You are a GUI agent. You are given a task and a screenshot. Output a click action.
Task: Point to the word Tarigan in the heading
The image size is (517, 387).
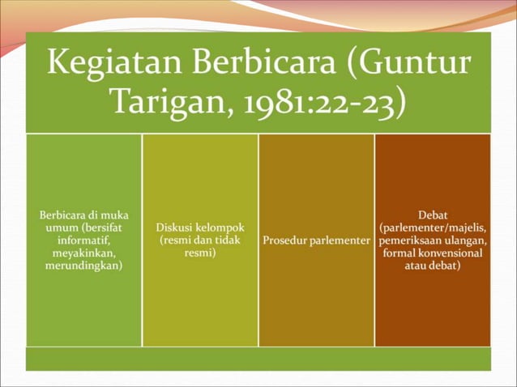(164, 102)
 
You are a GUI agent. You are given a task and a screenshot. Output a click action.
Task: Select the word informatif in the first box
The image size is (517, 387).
(84, 240)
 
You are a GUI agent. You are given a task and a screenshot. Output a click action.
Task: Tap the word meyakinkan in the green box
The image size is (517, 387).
(83, 253)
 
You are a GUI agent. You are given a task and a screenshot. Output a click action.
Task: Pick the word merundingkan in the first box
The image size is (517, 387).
(84, 265)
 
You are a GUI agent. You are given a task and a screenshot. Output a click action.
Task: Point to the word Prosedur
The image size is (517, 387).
(284, 240)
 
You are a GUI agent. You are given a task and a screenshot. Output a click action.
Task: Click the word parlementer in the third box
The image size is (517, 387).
(339, 240)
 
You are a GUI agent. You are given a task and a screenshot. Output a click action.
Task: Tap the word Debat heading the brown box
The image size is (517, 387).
(433, 215)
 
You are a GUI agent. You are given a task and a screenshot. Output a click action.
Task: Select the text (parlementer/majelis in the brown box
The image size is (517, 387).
(433, 228)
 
